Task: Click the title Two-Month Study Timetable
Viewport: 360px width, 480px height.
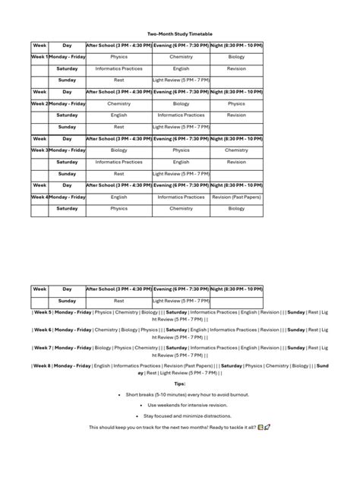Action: (x=180, y=33)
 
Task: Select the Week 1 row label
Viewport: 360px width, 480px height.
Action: (x=40, y=56)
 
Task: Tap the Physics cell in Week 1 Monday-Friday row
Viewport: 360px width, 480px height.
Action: (x=118, y=56)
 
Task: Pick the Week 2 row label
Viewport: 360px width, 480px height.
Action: (x=40, y=103)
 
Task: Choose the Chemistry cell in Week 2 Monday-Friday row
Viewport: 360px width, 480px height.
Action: (x=118, y=103)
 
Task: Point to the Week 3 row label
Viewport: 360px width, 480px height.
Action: (x=40, y=150)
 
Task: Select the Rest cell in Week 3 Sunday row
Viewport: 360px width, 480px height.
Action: (x=118, y=173)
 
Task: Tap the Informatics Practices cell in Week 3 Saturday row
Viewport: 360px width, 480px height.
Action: (x=118, y=162)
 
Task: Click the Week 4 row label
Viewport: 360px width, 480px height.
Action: (x=40, y=197)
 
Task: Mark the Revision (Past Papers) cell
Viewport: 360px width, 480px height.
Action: (x=236, y=197)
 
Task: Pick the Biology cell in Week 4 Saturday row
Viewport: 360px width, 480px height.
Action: (x=236, y=208)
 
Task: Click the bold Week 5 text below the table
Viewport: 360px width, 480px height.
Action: (x=43, y=312)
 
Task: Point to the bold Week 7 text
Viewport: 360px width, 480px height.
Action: (x=43, y=347)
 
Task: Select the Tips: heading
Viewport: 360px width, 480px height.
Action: (x=180, y=384)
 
